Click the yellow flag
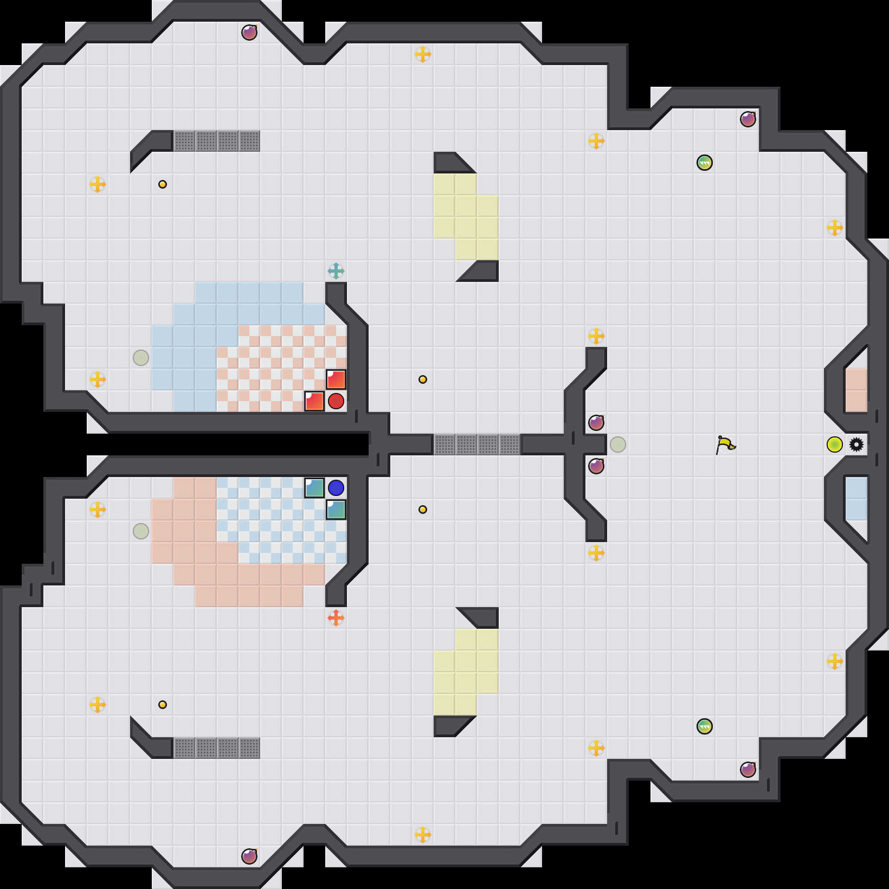tap(725, 445)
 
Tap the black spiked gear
tap(856, 445)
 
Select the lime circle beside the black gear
tap(835, 445)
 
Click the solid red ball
tap(336, 401)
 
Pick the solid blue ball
tap(336, 488)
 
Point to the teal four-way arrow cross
tap(336, 271)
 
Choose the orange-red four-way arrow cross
tap(336, 618)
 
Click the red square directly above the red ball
tap(336, 379)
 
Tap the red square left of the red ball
tap(314, 401)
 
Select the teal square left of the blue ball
tap(314, 488)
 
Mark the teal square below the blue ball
tap(336, 510)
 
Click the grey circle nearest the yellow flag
tap(618, 445)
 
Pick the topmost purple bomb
tap(249, 33)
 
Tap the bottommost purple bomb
tap(249, 856)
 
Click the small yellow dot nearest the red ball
tap(423, 379)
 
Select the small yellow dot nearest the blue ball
tap(423, 510)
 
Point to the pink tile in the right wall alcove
tap(856, 390)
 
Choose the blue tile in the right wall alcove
tap(856, 499)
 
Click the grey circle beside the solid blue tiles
tap(141, 358)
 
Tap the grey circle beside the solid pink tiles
tap(141, 531)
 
